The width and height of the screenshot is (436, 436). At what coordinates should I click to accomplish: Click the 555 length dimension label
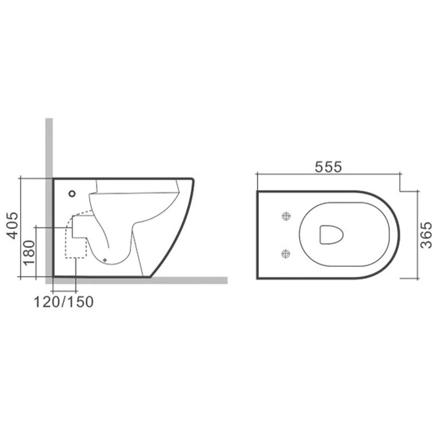(x=329, y=167)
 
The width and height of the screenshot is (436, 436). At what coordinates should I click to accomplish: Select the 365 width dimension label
(x=426, y=235)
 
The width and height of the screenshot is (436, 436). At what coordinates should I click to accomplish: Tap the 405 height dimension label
(x=13, y=225)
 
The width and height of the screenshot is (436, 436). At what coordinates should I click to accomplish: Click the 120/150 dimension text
(x=64, y=301)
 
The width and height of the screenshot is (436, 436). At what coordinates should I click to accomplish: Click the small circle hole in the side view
(x=72, y=193)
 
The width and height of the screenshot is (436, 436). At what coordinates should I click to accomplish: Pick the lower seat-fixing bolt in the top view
(x=286, y=252)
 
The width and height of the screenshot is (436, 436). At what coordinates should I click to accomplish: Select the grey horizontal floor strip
(x=187, y=280)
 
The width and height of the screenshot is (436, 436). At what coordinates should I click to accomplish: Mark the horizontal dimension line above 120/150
(x=64, y=291)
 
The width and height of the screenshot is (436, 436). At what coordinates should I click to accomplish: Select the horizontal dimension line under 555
(x=329, y=174)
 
